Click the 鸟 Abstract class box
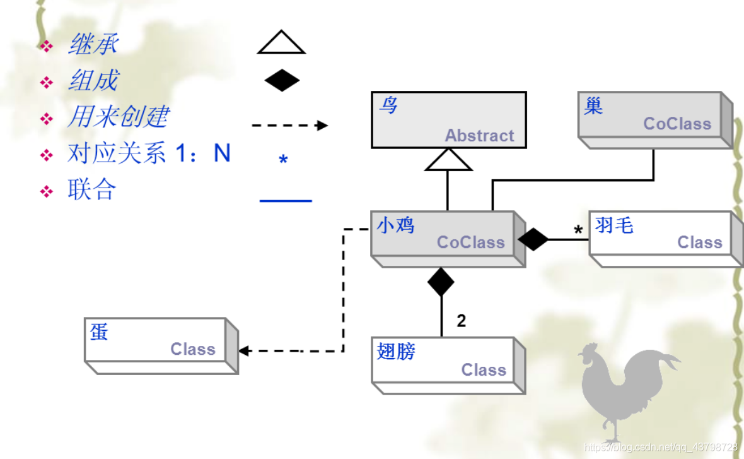448,120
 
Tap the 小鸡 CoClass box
444,234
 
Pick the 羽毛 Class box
658,234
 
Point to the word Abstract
479,135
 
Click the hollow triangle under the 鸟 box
448,160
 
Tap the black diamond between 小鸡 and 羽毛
533,239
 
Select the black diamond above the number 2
441,282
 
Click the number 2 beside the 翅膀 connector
462,321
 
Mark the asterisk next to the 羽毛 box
578,231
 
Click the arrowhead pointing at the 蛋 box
243,351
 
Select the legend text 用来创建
118,117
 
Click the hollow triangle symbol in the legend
281,42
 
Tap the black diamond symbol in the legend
282,81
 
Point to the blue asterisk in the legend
283,160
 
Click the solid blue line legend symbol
286,201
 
